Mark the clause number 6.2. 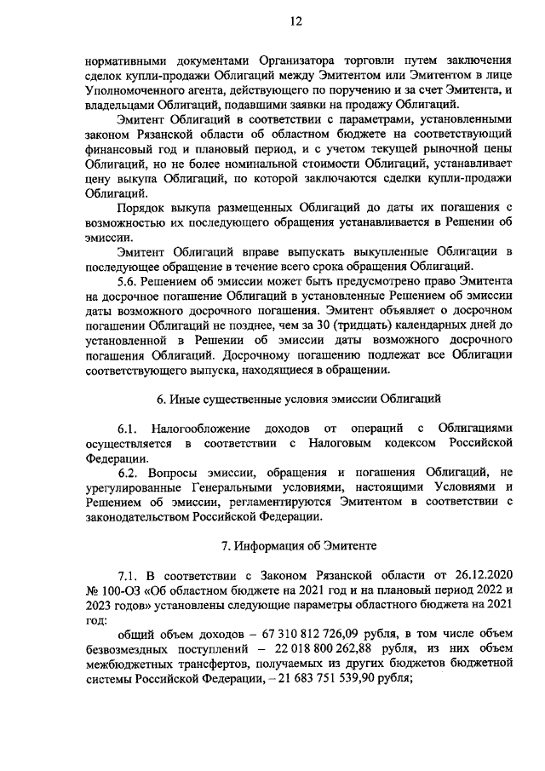click(129, 473)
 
